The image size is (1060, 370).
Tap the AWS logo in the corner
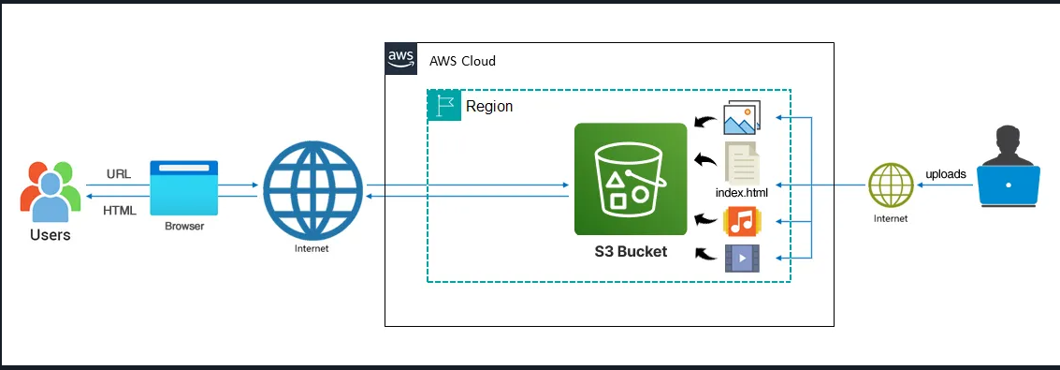pos(399,58)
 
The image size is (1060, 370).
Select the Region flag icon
pos(443,106)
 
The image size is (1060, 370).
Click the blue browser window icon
pos(183,188)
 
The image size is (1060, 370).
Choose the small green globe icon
pos(890,185)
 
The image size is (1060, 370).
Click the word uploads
pos(945,173)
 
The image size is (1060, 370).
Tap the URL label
pos(119,176)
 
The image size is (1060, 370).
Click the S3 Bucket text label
pos(631,252)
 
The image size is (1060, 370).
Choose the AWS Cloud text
pos(462,61)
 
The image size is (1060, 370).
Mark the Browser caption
pos(183,226)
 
